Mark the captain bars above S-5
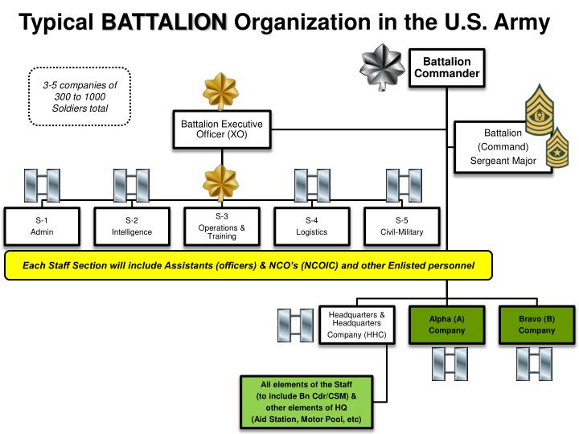[403, 185]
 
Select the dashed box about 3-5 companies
[79, 96]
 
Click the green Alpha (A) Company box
[447, 324]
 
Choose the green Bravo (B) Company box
[536, 324]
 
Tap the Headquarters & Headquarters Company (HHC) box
[357, 324]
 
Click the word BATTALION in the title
[165, 23]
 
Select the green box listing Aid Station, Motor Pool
[306, 402]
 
